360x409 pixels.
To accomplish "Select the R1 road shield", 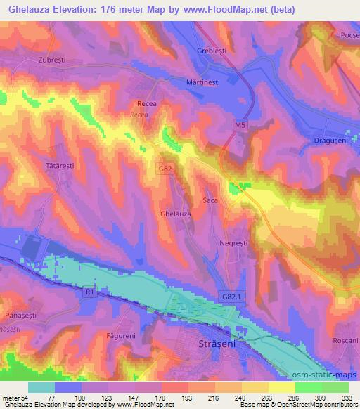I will point(88,290).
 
